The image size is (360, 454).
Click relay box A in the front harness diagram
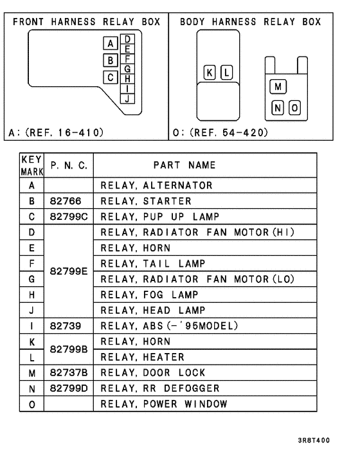[x=111, y=44]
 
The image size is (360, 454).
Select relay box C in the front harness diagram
[x=111, y=77]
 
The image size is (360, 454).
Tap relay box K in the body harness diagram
[x=210, y=72]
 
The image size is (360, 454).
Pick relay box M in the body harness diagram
[x=278, y=86]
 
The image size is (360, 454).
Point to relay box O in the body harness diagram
[x=294, y=107]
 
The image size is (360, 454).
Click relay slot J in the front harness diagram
[x=128, y=98]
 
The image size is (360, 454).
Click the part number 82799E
[x=67, y=271]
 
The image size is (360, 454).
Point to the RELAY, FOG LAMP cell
[x=151, y=295]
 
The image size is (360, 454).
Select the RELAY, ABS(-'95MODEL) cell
[x=169, y=325]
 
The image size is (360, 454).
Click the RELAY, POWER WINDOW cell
[x=164, y=404]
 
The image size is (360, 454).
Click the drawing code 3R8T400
[x=314, y=440]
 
